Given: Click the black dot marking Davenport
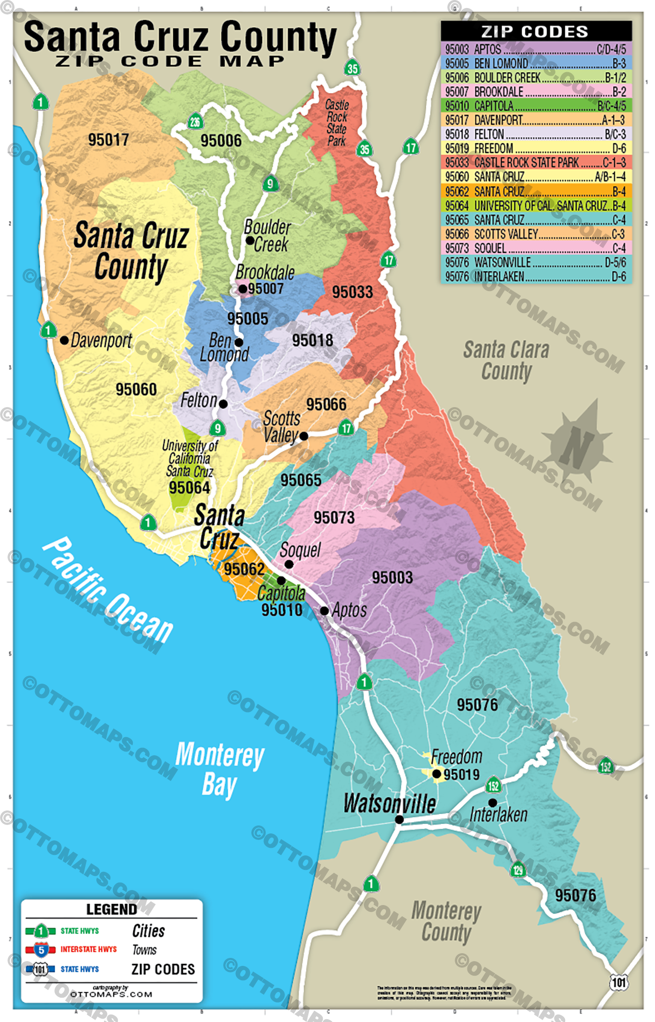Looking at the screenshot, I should click(65, 340).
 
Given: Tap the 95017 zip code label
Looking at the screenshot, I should click(109, 139).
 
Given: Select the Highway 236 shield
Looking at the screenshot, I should click(195, 122).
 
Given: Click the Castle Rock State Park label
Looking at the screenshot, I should click(336, 123).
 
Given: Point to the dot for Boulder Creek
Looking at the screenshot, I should click(250, 241).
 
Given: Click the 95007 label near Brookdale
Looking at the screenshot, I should click(266, 289).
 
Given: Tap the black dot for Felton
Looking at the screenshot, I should click(224, 403).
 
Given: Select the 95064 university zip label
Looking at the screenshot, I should click(189, 488).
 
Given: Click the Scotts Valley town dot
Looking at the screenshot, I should click(304, 436).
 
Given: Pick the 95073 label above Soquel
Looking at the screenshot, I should click(334, 518).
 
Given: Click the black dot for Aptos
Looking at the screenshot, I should click(324, 611).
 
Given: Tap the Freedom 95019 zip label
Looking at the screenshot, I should click(461, 774).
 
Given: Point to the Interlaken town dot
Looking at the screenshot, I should click(493, 803).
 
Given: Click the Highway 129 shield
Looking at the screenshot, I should click(518, 869).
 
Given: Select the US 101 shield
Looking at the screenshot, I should click(619, 982).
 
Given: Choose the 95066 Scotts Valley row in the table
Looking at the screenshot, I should click(536, 234).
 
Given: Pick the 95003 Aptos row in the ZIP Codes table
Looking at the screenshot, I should click(536, 49).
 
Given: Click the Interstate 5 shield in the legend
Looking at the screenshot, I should click(41, 949).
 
